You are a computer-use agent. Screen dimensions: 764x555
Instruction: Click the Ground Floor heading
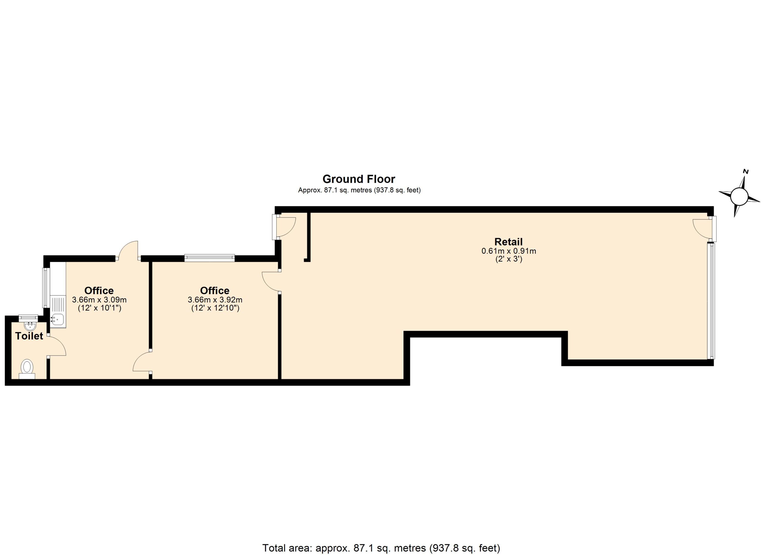point(359,179)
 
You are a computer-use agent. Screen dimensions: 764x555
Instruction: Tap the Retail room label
point(508,241)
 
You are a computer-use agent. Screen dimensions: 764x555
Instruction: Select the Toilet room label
point(29,336)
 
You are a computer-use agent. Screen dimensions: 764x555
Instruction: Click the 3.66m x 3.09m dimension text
point(99,300)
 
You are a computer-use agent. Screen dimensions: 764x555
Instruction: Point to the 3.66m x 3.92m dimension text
point(215,300)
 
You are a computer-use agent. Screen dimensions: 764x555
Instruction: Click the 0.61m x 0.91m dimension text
point(509,251)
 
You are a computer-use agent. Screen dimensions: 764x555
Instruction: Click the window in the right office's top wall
point(210,258)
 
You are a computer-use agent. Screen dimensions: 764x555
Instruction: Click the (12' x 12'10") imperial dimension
point(215,308)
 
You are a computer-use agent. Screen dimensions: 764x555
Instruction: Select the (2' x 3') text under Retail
point(509,259)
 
